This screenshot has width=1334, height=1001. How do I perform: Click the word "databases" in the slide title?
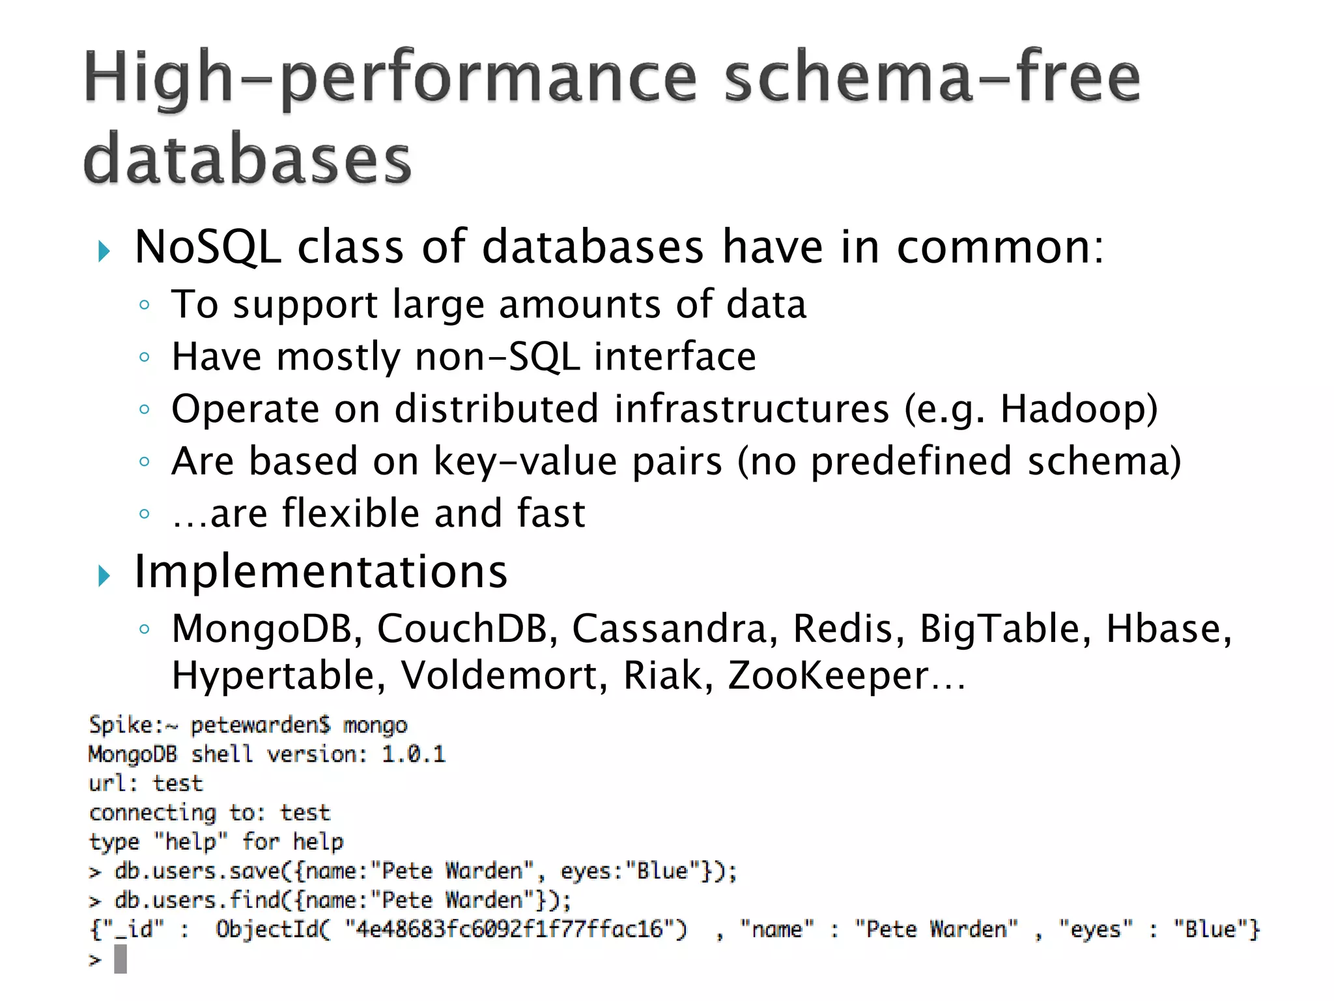pos(248,160)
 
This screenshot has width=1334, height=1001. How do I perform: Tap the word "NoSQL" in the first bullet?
pos(208,248)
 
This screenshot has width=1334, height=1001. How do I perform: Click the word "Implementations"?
pos(320,572)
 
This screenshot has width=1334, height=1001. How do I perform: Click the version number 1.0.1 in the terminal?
pos(414,755)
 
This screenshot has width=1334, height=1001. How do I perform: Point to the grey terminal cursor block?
pos(121,959)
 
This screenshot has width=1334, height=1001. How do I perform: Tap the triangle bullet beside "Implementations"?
pos(104,575)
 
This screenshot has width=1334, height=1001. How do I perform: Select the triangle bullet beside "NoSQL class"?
pos(104,251)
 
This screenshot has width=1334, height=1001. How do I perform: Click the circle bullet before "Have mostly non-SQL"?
pos(145,357)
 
